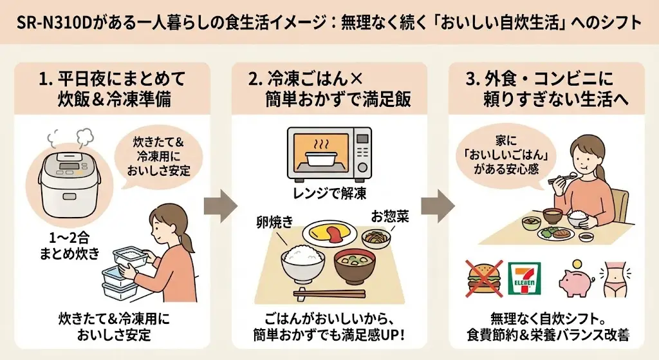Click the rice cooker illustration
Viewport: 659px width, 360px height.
coord(67,183)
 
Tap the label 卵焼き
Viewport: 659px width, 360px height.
coord(275,221)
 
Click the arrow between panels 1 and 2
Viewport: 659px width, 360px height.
coord(219,205)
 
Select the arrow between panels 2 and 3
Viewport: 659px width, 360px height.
coord(438,205)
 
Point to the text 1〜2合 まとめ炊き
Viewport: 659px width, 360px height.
coord(67,244)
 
